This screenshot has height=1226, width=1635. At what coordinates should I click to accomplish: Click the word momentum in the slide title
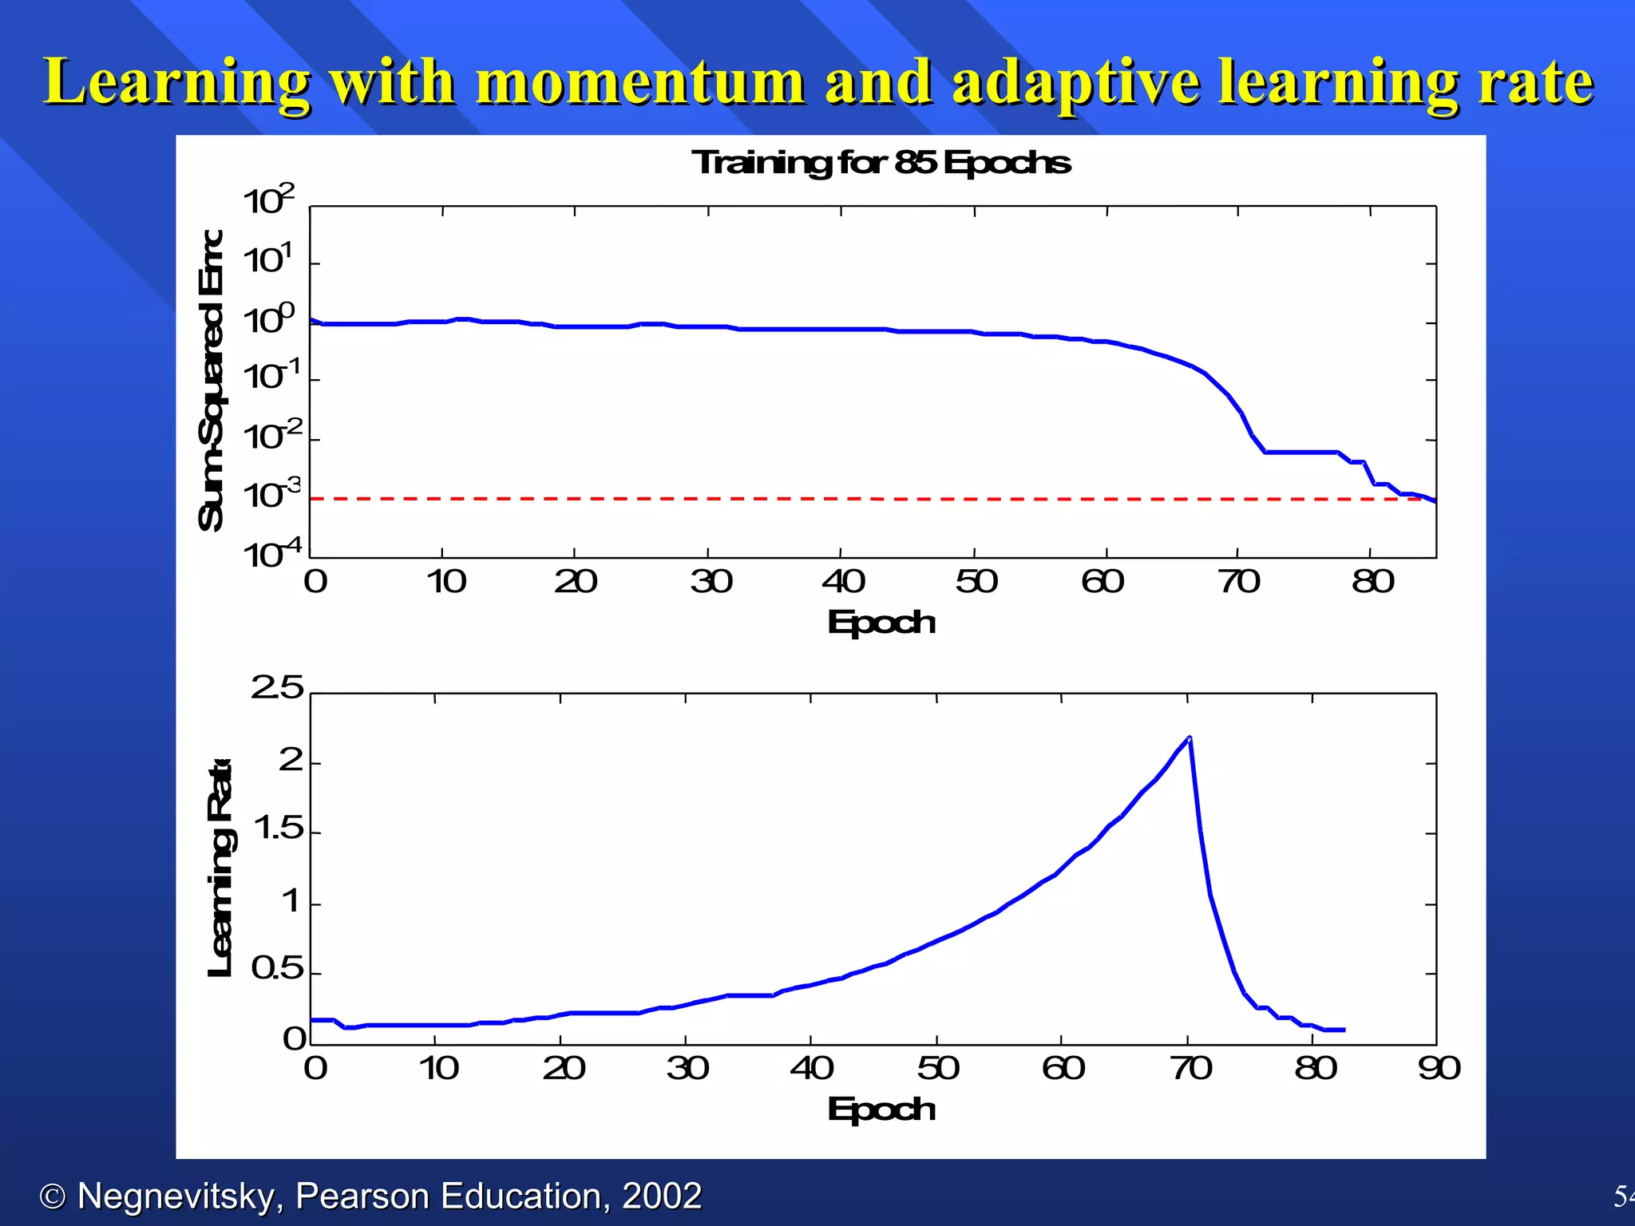pyautogui.click(x=640, y=82)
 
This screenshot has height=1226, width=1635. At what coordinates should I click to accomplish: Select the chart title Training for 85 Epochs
pyautogui.click(x=881, y=163)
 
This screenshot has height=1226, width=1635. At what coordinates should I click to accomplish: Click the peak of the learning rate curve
pyautogui.click(x=1190, y=738)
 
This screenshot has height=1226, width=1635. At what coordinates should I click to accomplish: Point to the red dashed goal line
pyautogui.click(x=798, y=499)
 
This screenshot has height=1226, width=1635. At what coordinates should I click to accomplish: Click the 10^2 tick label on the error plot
pyautogui.click(x=269, y=201)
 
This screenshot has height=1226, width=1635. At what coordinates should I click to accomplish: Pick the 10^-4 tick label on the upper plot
pyautogui.click(x=271, y=554)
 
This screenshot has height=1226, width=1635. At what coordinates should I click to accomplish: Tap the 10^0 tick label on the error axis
pyautogui.click(x=269, y=320)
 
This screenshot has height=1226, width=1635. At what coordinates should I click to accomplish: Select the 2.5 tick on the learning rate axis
pyautogui.click(x=277, y=688)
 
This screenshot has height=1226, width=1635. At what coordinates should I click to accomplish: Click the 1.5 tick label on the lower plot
pyautogui.click(x=279, y=829)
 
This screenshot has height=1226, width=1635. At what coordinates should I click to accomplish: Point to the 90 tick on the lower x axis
pyautogui.click(x=1439, y=1068)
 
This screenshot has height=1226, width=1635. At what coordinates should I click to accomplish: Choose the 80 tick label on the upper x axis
pyautogui.click(x=1372, y=582)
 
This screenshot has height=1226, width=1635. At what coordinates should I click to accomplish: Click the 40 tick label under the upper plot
pyautogui.click(x=843, y=582)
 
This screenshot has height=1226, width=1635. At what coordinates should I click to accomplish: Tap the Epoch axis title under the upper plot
pyautogui.click(x=881, y=623)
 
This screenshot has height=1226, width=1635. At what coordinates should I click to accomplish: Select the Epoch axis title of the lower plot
pyautogui.click(x=881, y=1109)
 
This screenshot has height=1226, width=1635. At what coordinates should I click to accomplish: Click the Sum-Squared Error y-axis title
pyautogui.click(x=212, y=380)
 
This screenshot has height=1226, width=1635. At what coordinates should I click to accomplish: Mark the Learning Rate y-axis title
pyautogui.click(x=220, y=868)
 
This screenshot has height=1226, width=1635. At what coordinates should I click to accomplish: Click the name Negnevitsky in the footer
pyautogui.click(x=176, y=1196)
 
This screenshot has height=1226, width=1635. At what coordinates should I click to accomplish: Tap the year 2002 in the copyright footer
pyautogui.click(x=661, y=1196)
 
